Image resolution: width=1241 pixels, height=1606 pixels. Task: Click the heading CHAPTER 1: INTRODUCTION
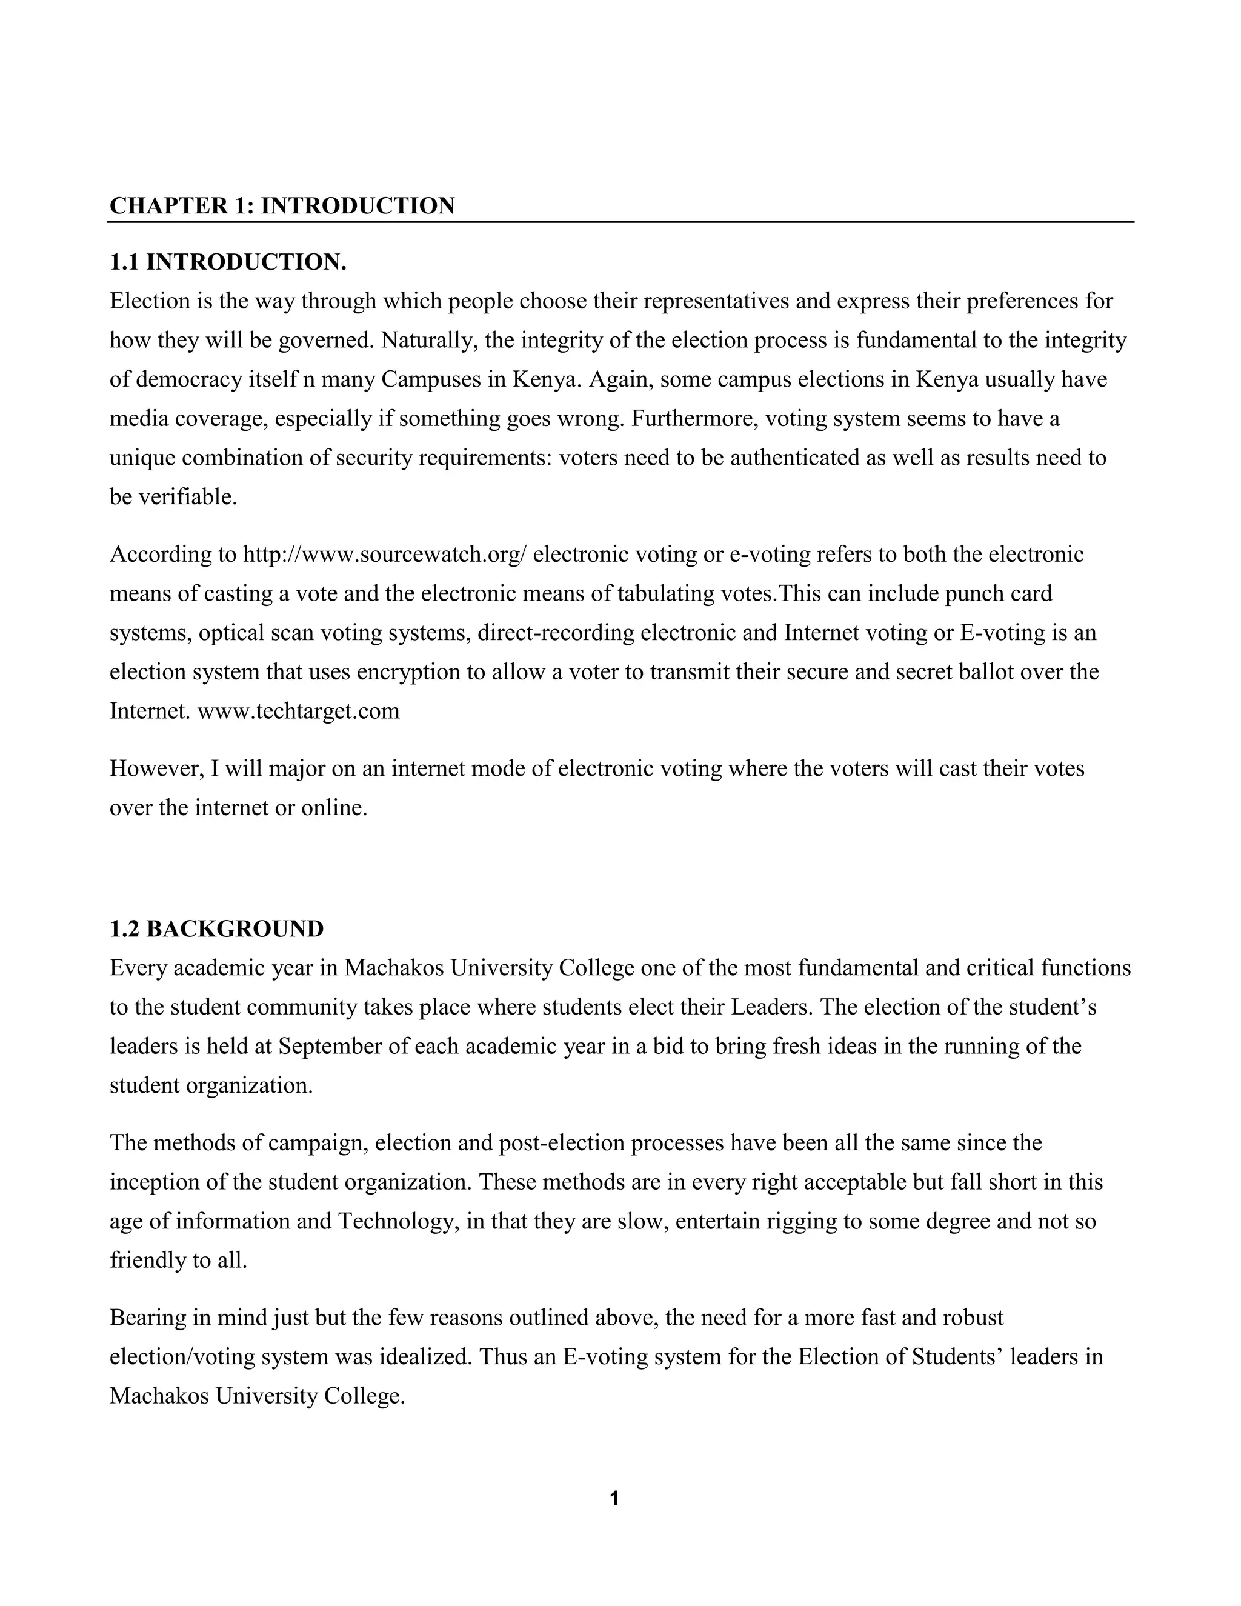[282, 205]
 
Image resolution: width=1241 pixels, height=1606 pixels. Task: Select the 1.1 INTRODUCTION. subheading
[228, 262]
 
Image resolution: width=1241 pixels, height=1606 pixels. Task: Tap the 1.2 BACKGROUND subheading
[216, 928]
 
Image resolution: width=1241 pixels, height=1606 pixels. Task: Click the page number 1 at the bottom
[614, 1499]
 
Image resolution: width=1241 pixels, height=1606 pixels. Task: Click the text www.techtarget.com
[299, 711]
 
